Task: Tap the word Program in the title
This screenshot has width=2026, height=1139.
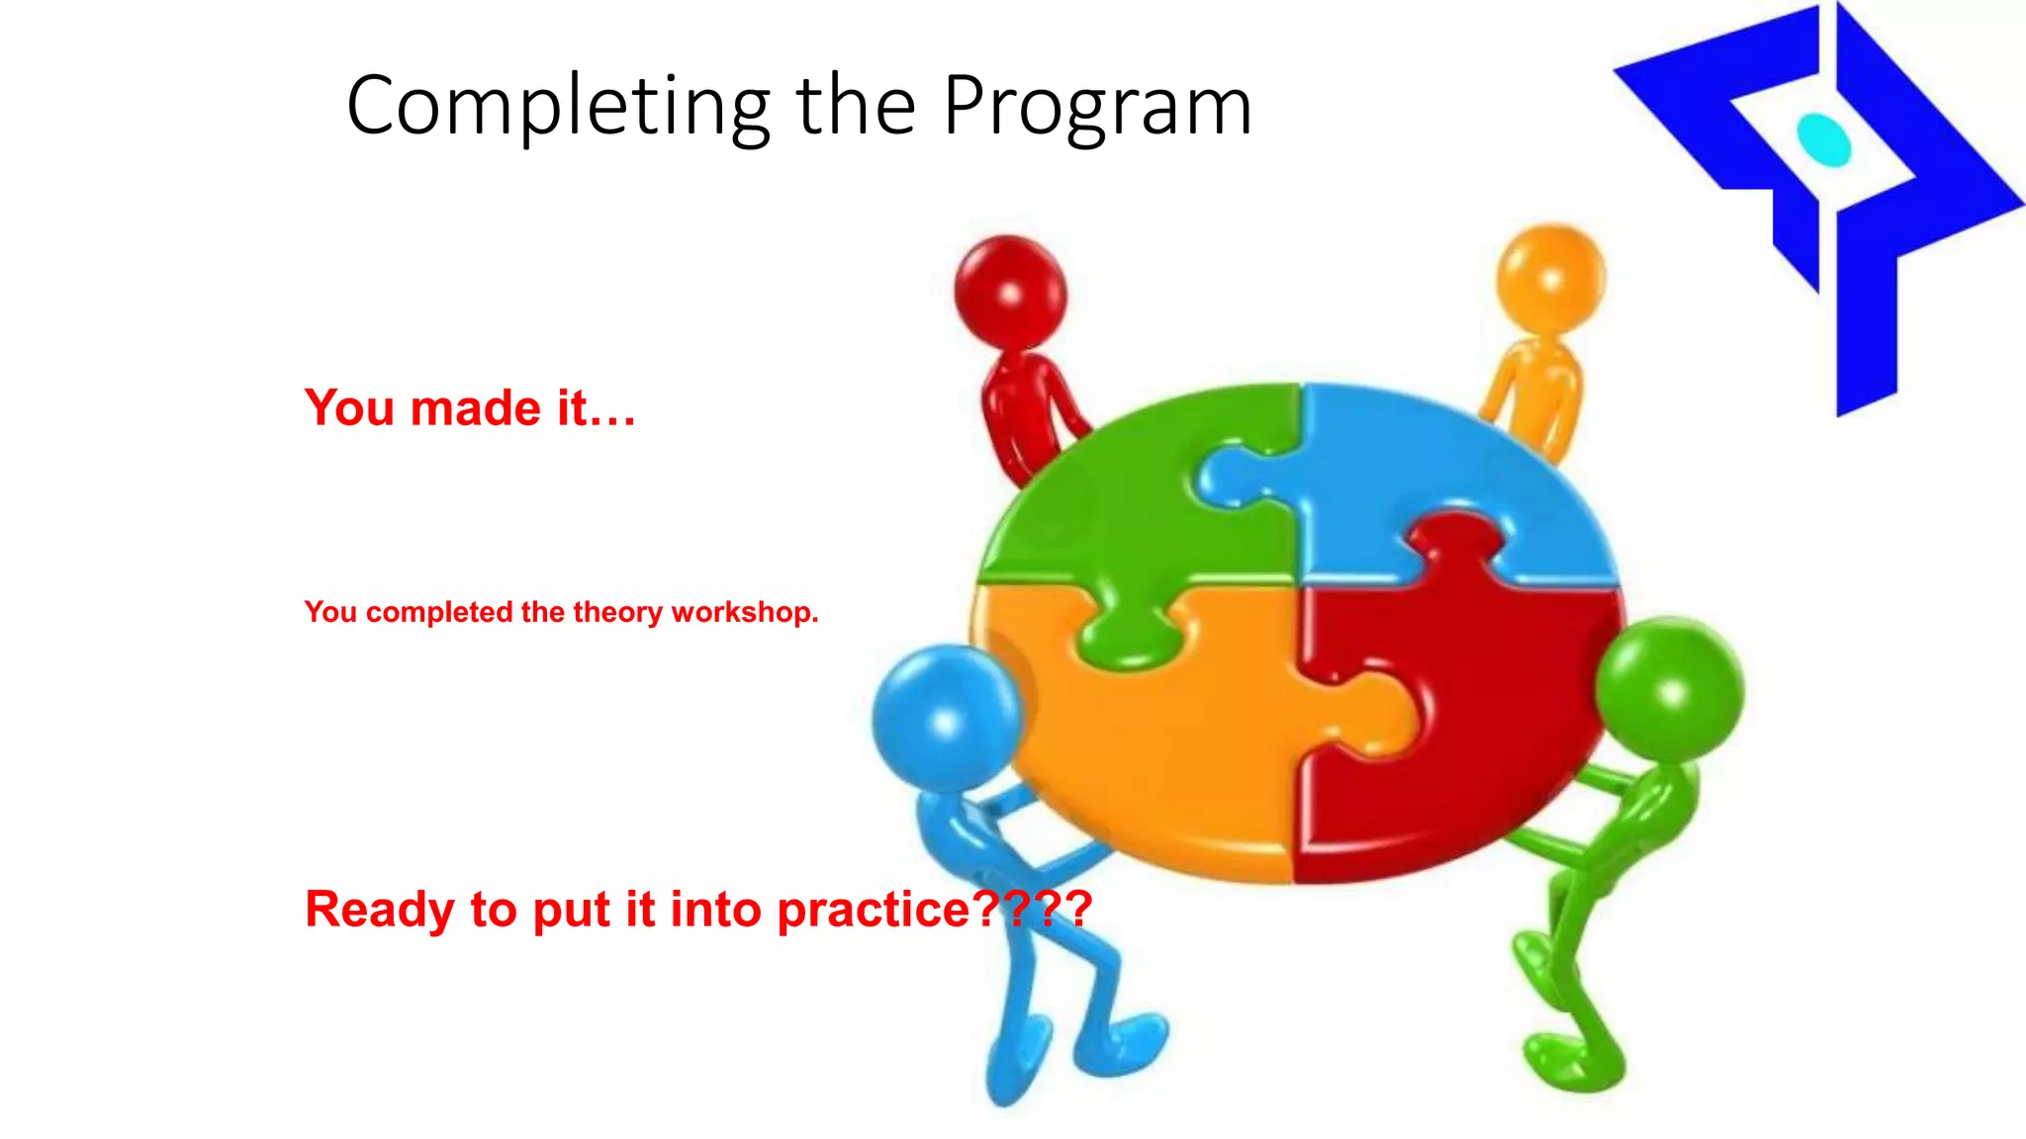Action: pyautogui.click(x=1097, y=107)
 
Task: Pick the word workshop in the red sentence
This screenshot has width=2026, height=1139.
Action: pyautogui.click(x=744, y=612)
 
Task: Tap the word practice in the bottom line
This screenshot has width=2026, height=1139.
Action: pyautogui.click(x=874, y=909)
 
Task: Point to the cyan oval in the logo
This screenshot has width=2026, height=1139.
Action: pyautogui.click(x=1823, y=139)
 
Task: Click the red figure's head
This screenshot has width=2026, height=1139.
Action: pyautogui.click(x=1010, y=291)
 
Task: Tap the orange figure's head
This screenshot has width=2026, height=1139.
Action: pyautogui.click(x=1550, y=279)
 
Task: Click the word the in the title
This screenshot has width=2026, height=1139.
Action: pyautogui.click(x=855, y=107)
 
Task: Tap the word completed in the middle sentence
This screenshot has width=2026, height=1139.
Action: pyautogui.click(x=439, y=612)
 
